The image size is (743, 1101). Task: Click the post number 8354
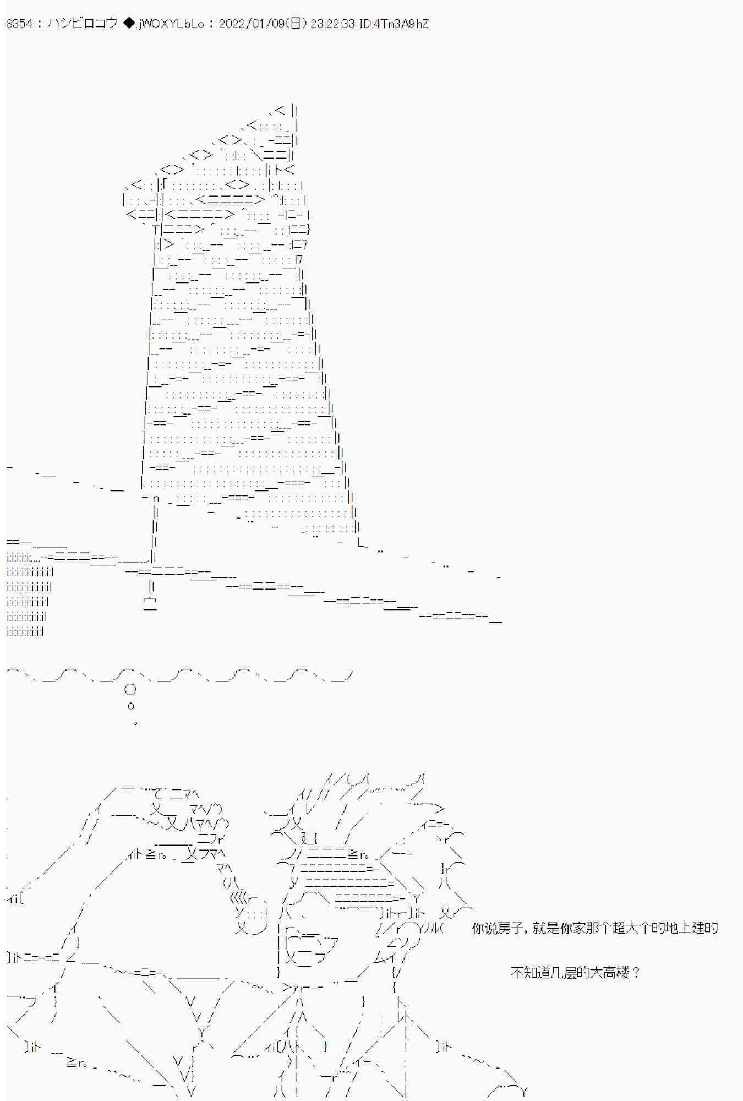click(x=19, y=24)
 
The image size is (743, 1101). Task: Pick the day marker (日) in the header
click(x=296, y=24)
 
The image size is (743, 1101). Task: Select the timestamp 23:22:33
click(x=332, y=24)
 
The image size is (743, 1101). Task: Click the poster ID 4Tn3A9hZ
click(x=401, y=24)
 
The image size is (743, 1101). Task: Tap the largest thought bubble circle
click(x=130, y=689)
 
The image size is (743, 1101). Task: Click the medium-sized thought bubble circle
click(x=131, y=706)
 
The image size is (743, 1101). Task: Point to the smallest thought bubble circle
click(x=135, y=723)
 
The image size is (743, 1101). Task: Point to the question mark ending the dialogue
click(x=637, y=973)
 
